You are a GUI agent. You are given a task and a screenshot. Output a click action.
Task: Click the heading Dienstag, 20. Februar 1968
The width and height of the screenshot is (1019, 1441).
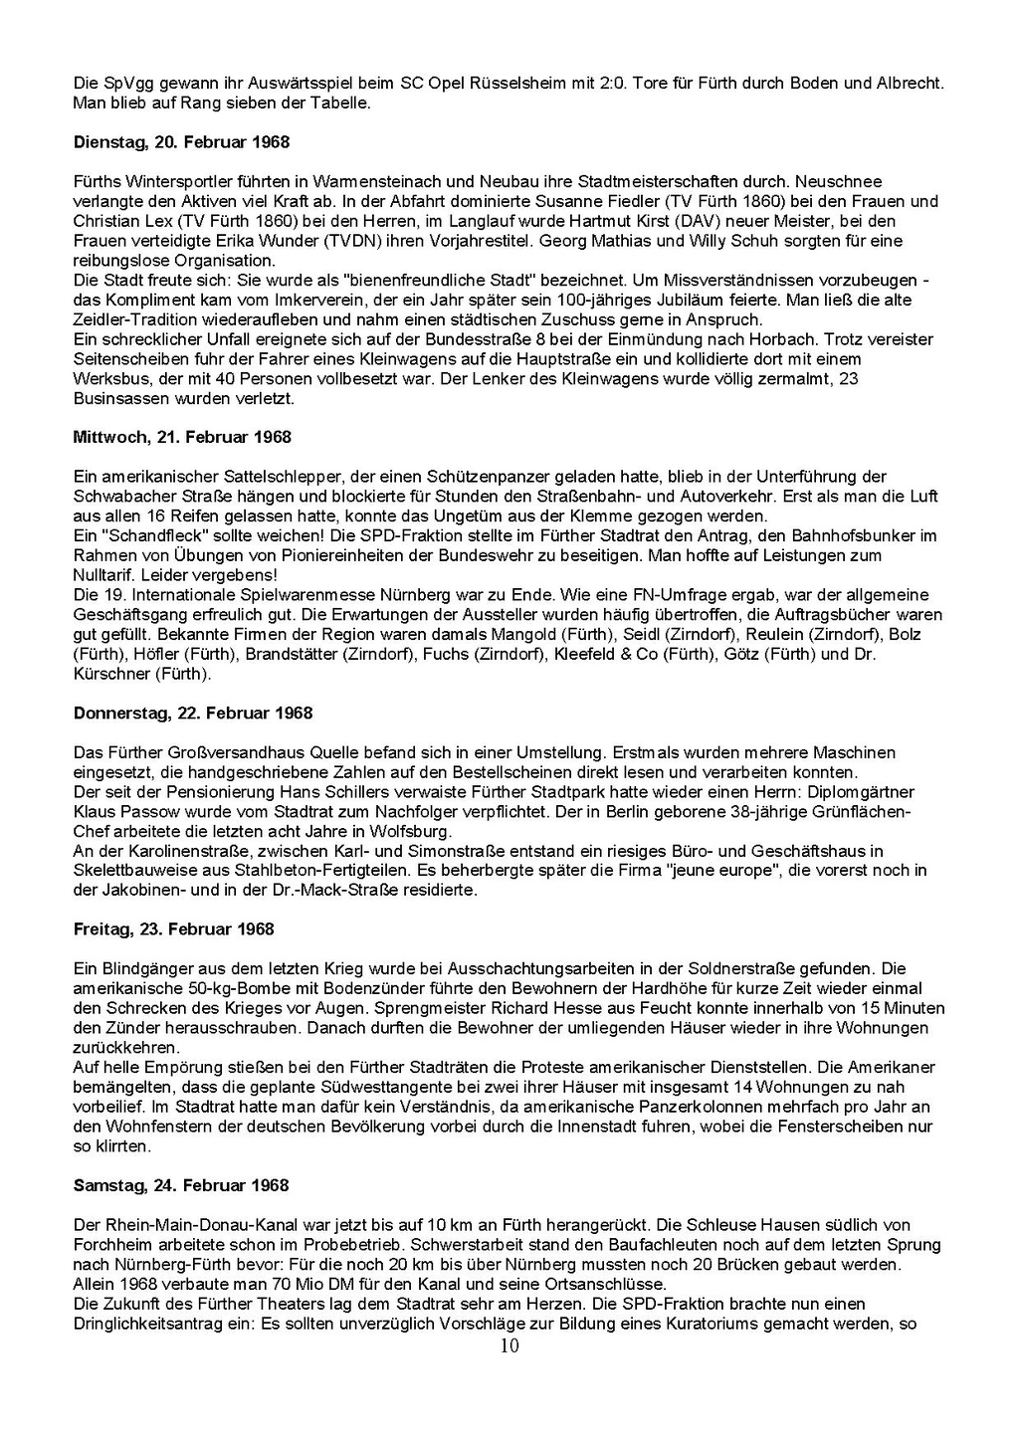click(x=181, y=142)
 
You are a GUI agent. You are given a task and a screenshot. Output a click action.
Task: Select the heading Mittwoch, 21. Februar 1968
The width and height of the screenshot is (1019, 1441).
click(x=182, y=437)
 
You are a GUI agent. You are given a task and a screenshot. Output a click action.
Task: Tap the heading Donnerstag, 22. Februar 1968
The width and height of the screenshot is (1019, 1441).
click(x=193, y=713)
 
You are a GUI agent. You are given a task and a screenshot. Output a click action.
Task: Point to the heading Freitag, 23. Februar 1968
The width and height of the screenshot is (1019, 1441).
click(x=173, y=928)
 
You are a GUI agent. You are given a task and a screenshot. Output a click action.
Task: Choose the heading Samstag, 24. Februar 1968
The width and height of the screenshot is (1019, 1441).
click(x=181, y=1185)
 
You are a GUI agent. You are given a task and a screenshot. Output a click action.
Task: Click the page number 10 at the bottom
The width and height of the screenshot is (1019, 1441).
click(x=509, y=1346)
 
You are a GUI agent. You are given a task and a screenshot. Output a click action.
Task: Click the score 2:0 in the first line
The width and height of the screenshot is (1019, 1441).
click(x=609, y=84)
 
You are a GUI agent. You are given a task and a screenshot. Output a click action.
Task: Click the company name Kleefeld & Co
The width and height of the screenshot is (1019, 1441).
click(x=614, y=654)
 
